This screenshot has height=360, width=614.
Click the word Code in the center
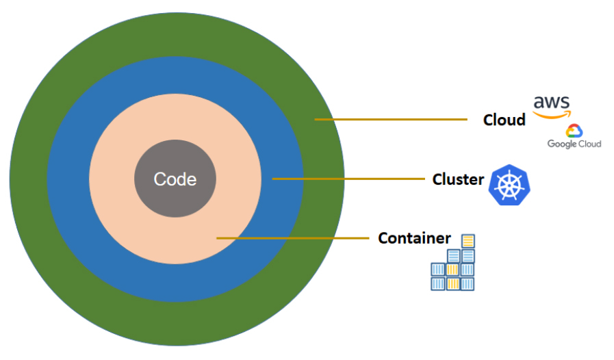175,179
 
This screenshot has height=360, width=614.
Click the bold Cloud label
504,120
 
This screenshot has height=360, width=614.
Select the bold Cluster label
458,179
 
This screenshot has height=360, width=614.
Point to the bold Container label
414,238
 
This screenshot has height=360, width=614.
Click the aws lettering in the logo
551,102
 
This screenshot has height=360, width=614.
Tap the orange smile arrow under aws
552,115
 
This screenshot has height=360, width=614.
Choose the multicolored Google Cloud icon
574,131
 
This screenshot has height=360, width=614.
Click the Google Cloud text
574,144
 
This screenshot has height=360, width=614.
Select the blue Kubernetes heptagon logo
509,185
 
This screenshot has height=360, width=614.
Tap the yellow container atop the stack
468,241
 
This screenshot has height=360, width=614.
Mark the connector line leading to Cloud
390,120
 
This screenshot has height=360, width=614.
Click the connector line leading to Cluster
348,179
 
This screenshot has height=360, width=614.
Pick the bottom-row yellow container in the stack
452,283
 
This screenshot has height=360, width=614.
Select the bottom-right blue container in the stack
468,283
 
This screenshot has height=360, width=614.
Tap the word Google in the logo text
562,144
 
